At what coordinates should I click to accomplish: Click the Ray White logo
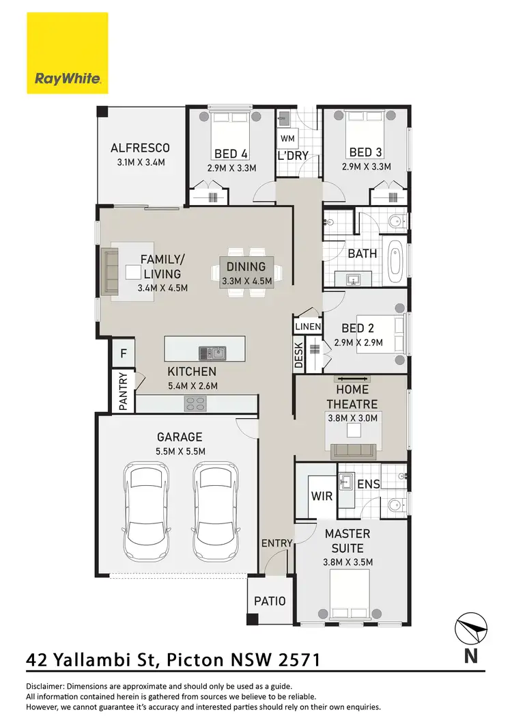coord(68,53)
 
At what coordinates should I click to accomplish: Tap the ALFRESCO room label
coord(140,148)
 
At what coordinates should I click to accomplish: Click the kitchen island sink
coord(212,353)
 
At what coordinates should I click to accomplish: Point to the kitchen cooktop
coord(195,405)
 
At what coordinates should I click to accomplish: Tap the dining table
coord(247,271)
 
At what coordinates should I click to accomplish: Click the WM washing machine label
coord(286,139)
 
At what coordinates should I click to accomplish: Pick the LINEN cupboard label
coord(308,327)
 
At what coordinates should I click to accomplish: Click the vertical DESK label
coord(299,355)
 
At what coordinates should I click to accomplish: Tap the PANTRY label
coord(124,392)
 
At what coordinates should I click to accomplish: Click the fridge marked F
coord(124,353)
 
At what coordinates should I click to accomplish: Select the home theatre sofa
coord(352,450)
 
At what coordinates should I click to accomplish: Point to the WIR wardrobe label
coord(322,496)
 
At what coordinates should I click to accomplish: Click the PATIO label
coord(270,601)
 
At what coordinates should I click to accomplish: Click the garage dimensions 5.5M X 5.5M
coord(180,451)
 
